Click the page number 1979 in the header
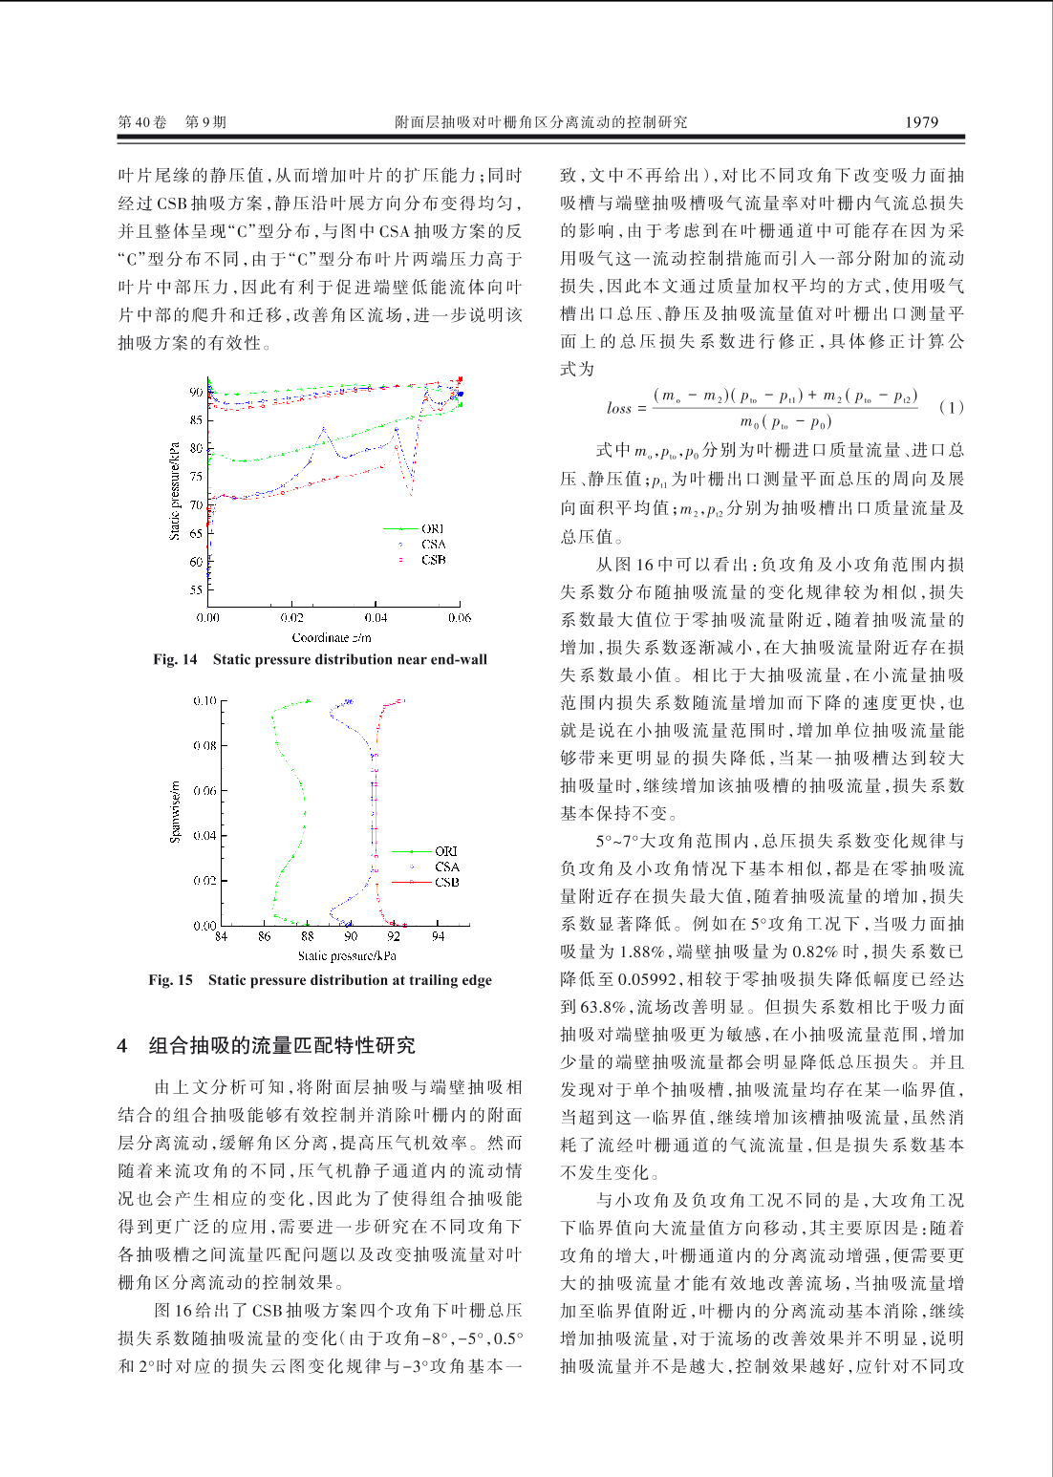point(921,122)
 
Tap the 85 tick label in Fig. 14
point(196,420)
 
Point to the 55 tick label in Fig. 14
point(196,590)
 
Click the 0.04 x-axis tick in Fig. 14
point(376,618)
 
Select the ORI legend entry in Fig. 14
point(433,529)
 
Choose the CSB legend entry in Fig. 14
point(433,560)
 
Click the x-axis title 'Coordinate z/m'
point(332,637)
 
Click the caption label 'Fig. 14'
point(175,659)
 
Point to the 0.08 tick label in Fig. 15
point(204,745)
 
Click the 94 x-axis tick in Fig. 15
point(438,937)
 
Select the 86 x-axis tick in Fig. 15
point(265,937)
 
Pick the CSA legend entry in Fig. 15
point(446,867)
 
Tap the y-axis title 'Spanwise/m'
point(175,812)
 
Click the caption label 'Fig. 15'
point(170,980)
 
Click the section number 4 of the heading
point(122,1046)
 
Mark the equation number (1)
point(951,407)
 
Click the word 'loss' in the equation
point(619,408)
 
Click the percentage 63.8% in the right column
point(603,1007)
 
